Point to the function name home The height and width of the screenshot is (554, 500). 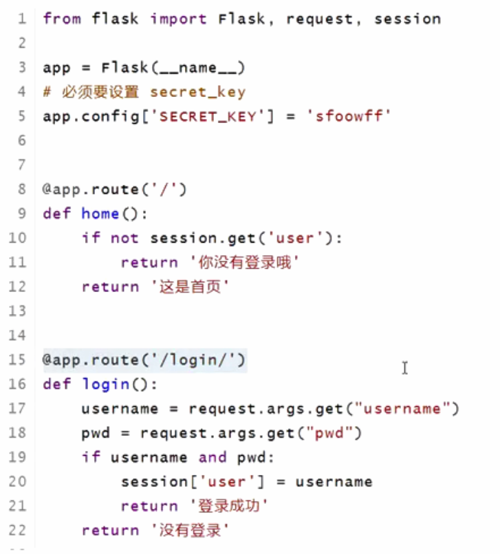click(x=100, y=213)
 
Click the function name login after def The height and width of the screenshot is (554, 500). click(x=105, y=384)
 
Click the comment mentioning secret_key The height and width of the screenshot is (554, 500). click(x=144, y=91)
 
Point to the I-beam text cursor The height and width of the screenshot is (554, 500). click(x=405, y=368)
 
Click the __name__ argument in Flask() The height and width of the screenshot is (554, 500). click(x=197, y=67)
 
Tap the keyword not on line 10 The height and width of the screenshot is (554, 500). click(x=124, y=238)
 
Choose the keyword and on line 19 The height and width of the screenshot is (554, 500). click(x=212, y=458)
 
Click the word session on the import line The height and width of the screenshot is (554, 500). click(x=407, y=19)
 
